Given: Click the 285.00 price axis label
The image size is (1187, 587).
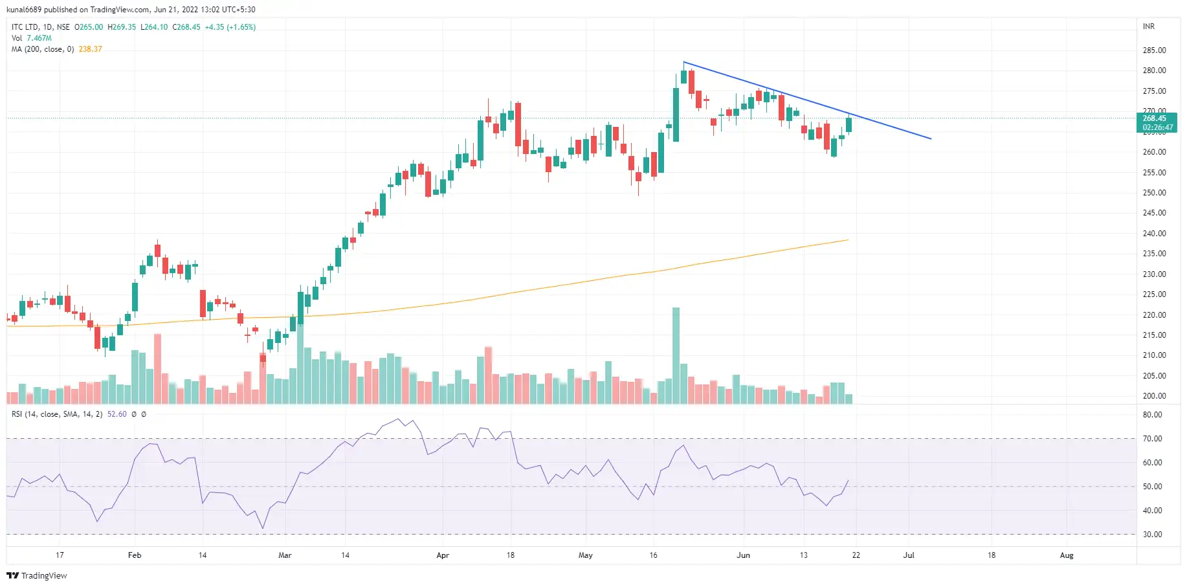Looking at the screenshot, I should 1154,50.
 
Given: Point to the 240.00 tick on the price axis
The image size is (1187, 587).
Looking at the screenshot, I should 1154,234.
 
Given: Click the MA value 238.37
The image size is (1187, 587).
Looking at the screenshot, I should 91,49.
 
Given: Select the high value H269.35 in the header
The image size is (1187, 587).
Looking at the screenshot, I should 122,27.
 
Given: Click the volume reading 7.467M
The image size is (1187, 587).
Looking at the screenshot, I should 39,38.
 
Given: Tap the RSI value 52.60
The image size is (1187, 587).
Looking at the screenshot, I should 116,414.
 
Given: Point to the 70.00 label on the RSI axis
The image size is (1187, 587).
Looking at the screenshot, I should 1152,439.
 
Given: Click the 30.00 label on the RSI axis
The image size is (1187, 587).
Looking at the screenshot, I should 1152,535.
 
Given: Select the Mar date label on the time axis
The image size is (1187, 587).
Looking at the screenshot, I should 285,555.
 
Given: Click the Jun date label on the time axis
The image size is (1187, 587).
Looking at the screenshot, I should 743,555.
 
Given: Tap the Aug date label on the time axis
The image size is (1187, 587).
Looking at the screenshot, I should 1067,555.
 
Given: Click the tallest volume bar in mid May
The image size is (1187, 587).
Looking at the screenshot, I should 676,356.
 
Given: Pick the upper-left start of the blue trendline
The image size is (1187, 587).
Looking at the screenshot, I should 684,62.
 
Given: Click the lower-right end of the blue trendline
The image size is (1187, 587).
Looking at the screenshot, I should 931,138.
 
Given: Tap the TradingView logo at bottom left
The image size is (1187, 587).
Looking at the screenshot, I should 37,575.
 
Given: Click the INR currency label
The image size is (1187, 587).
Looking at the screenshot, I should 1148,27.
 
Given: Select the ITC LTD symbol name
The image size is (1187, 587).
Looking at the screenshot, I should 25,27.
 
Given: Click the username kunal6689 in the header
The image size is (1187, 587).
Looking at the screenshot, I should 24,10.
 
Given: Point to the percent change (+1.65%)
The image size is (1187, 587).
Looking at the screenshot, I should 241,27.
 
